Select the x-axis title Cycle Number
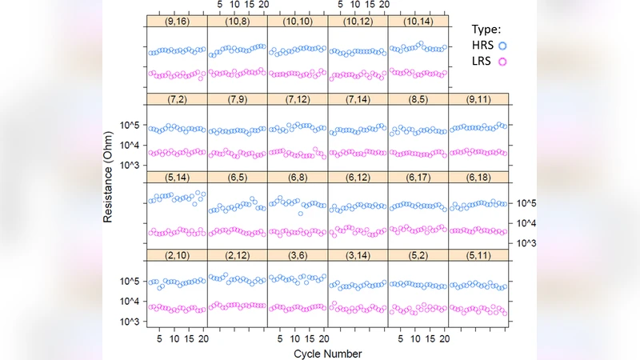328,353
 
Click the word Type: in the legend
486,28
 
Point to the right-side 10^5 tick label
530,203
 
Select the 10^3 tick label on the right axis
530,242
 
